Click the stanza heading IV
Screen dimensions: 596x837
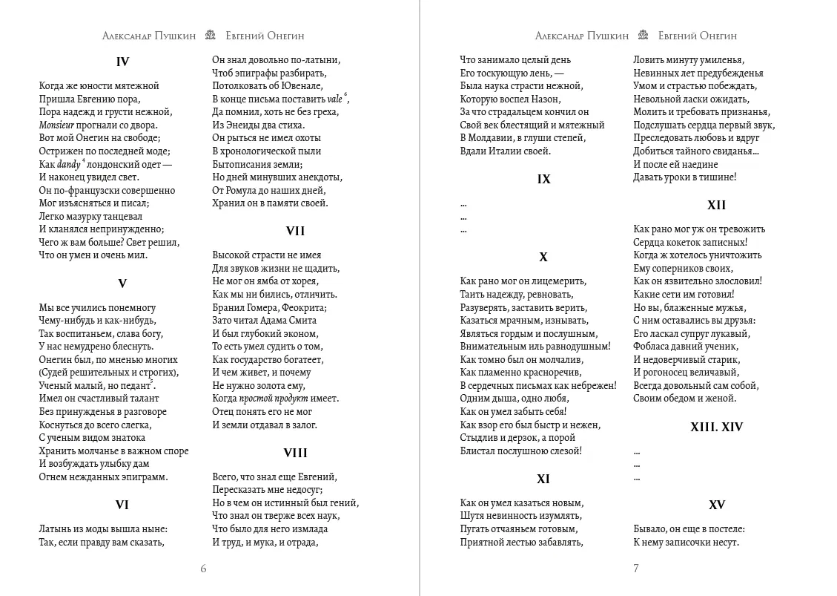coord(122,62)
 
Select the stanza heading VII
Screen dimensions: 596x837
coord(295,232)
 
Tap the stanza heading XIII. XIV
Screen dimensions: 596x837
coord(716,428)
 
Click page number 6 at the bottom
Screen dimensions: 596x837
coord(203,569)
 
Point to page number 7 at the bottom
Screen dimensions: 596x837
coord(635,569)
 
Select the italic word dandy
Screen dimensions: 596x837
coord(69,165)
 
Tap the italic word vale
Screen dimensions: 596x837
coord(335,99)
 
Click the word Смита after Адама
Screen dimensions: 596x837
coord(302,321)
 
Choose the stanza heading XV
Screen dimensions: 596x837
coord(716,505)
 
